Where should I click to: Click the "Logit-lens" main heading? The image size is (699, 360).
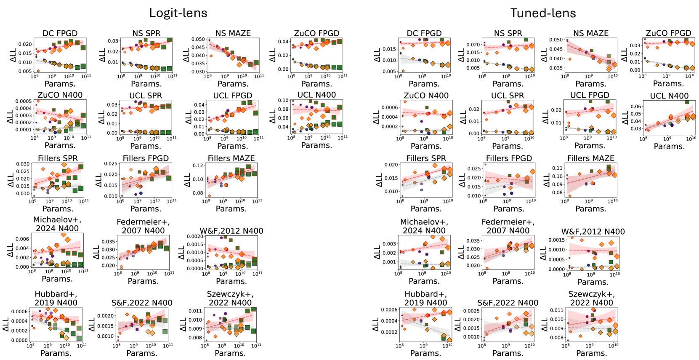[178, 13]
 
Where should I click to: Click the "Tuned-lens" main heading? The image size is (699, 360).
[543, 13]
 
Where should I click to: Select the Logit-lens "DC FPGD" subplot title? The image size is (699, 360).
[60, 33]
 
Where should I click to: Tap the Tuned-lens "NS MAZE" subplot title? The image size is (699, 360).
[591, 33]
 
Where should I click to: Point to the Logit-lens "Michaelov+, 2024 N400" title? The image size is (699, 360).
[57, 224]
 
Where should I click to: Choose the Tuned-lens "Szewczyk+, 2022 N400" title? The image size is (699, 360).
[591, 298]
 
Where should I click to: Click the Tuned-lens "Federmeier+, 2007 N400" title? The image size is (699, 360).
[508, 226]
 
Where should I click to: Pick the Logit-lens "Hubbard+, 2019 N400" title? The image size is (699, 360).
[56, 298]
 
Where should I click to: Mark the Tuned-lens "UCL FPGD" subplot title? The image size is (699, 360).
[590, 95]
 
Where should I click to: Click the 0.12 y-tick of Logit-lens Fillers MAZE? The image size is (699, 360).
[198, 165]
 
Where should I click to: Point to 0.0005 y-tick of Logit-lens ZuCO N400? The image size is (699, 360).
[24, 101]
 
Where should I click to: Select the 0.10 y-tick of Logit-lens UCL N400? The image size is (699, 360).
[283, 101]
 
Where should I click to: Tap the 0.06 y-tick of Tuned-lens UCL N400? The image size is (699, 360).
[635, 107]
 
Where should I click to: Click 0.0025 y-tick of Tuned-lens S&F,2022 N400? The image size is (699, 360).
[471, 311]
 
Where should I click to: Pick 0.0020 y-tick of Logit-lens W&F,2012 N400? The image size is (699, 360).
[195, 237]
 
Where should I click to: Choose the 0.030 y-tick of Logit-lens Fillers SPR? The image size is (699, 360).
[23, 164]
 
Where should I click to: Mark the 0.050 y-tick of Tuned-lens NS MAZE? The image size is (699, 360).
[555, 40]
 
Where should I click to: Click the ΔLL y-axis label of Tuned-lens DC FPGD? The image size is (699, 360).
[377, 55]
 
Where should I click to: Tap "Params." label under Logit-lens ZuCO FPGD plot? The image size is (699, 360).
[316, 84]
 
